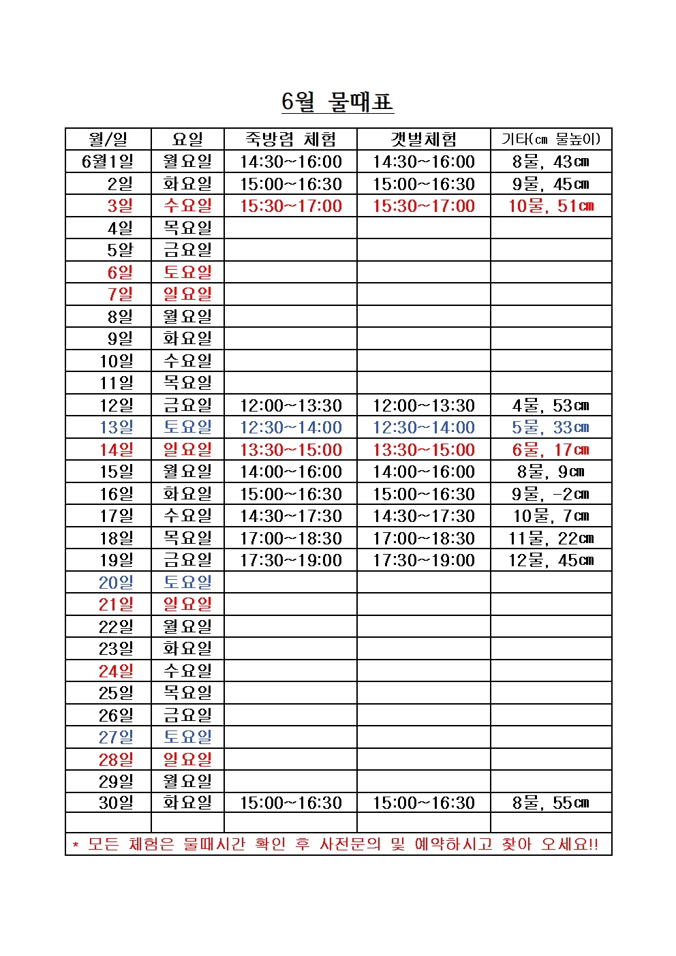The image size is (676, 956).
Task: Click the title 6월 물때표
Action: (x=337, y=102)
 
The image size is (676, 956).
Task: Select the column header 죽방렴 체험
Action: (x=290, y=140)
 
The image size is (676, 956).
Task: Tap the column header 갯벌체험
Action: (x=423, y=140)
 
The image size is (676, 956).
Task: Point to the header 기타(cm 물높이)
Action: (x=551, y=140)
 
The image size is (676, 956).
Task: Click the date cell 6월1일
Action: (x=108, y=161)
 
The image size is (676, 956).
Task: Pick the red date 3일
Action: (x=120, y=206)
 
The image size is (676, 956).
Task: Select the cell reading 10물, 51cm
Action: (x=551, y=206)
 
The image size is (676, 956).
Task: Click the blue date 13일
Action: (x=117, y=427)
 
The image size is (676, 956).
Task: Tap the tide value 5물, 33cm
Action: (x=551, y=427)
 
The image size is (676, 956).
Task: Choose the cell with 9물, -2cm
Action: (x=551, y=494)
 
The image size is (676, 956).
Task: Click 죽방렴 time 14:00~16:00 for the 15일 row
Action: (x=290, y=472)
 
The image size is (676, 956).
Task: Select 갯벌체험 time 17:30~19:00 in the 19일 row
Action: (x=423, y=560)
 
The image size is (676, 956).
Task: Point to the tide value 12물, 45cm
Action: (x=551, y=560)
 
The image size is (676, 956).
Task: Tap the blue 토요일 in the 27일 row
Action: (x=187, y=737)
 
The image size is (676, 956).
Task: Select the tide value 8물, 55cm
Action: (x=551, y=803)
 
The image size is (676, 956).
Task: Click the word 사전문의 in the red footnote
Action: (x=350, y=844)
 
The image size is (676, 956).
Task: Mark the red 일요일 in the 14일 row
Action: (x=187, y=450)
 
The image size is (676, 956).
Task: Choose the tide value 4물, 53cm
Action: (x=551, y=405)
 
